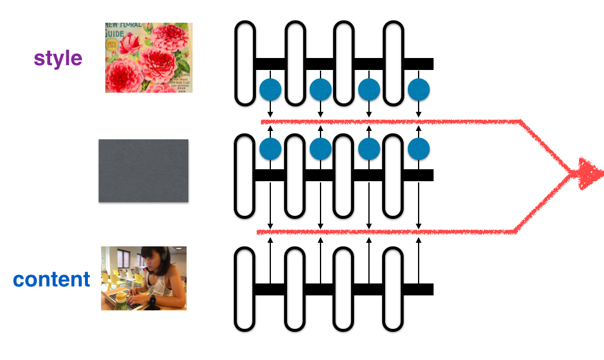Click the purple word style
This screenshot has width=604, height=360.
pyautogui.click(x=58, y=59)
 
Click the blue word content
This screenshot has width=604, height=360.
pyautogui.click(x=51, y=279)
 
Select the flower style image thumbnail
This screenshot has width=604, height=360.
pyautogui.click(x=148, y=57)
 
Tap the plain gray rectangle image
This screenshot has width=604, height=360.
pyautogui.click(x=144, y=170)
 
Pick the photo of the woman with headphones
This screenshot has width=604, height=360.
pyautogui.click(x=144, y=278)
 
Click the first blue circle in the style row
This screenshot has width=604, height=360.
pyautogui.click(x=270, y=90)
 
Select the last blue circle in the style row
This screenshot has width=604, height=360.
pyautogui.click(x=419, y=90)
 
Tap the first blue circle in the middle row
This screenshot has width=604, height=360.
pyautogui.click(x=270, y=148)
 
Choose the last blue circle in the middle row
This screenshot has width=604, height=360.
pyautogui.click(x=419, y=148)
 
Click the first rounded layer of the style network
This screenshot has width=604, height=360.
pyautogui.click(x=245, y=63)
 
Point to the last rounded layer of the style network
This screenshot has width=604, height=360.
pyautogui.click(x=393, y=63)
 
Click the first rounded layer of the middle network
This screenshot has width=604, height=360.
pyautogui.click(x=245, y=175)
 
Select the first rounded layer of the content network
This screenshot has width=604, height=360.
pyautogui.click(x=245, y=289)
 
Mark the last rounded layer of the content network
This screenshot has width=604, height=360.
pyautogui.click(x=393, y=289)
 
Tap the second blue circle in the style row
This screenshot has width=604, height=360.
pyautogui.click(x=321, y=90)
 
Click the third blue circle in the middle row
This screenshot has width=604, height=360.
pyautogui.click(x=369, y=148)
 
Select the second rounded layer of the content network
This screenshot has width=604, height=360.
pyautogui.click(x=295, y=289)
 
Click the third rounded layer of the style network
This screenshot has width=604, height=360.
pyautogui.click(x=343, y=63)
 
